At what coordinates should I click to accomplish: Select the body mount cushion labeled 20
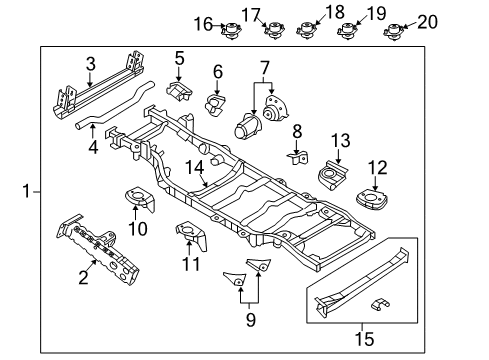[392, 30]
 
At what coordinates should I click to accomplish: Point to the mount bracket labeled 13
[330, 178]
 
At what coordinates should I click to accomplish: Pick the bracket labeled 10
[140, 201]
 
